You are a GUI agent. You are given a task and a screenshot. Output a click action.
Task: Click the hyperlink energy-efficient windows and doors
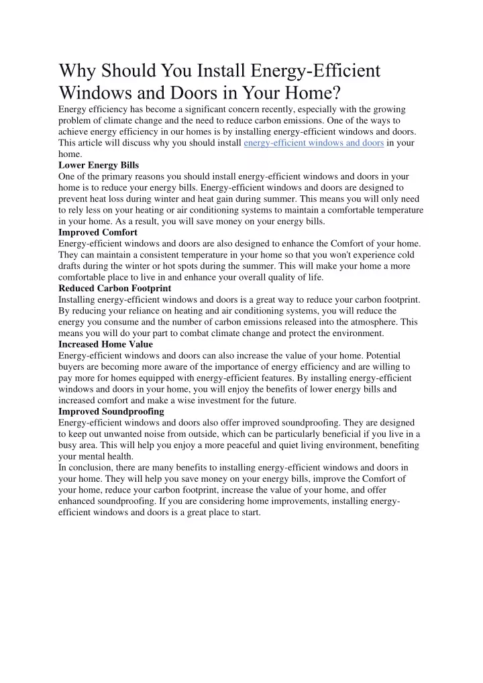(313, 143)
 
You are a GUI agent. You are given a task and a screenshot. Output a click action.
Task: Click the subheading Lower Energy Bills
(98, 164)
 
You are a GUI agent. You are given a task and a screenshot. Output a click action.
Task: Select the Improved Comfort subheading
(98, 232)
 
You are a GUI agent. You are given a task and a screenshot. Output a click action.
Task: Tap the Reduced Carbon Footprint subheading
(115, 288)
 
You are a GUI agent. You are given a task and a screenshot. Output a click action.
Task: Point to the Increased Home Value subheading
(105, 344)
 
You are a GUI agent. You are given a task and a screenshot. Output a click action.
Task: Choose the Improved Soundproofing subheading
(111, 411)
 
